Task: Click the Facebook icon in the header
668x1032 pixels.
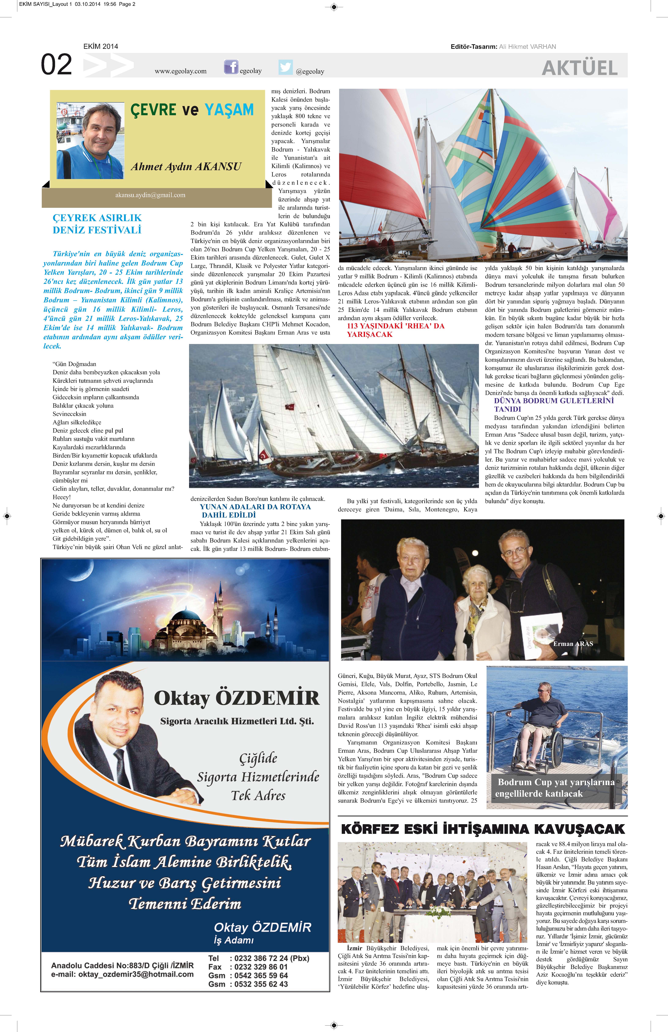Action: (231, 67)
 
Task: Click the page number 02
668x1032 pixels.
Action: (56, 65)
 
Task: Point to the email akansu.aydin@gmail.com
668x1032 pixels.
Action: (150, 195)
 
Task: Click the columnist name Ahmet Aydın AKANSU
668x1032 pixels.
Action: (186, 166)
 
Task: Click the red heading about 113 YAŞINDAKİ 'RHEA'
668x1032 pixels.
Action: (395, 330)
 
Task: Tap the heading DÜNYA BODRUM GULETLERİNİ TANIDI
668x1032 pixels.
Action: (554, 405)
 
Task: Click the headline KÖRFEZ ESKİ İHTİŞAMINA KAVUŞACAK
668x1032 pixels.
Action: (482, 829)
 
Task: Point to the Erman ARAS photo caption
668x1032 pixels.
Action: (573, 644)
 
